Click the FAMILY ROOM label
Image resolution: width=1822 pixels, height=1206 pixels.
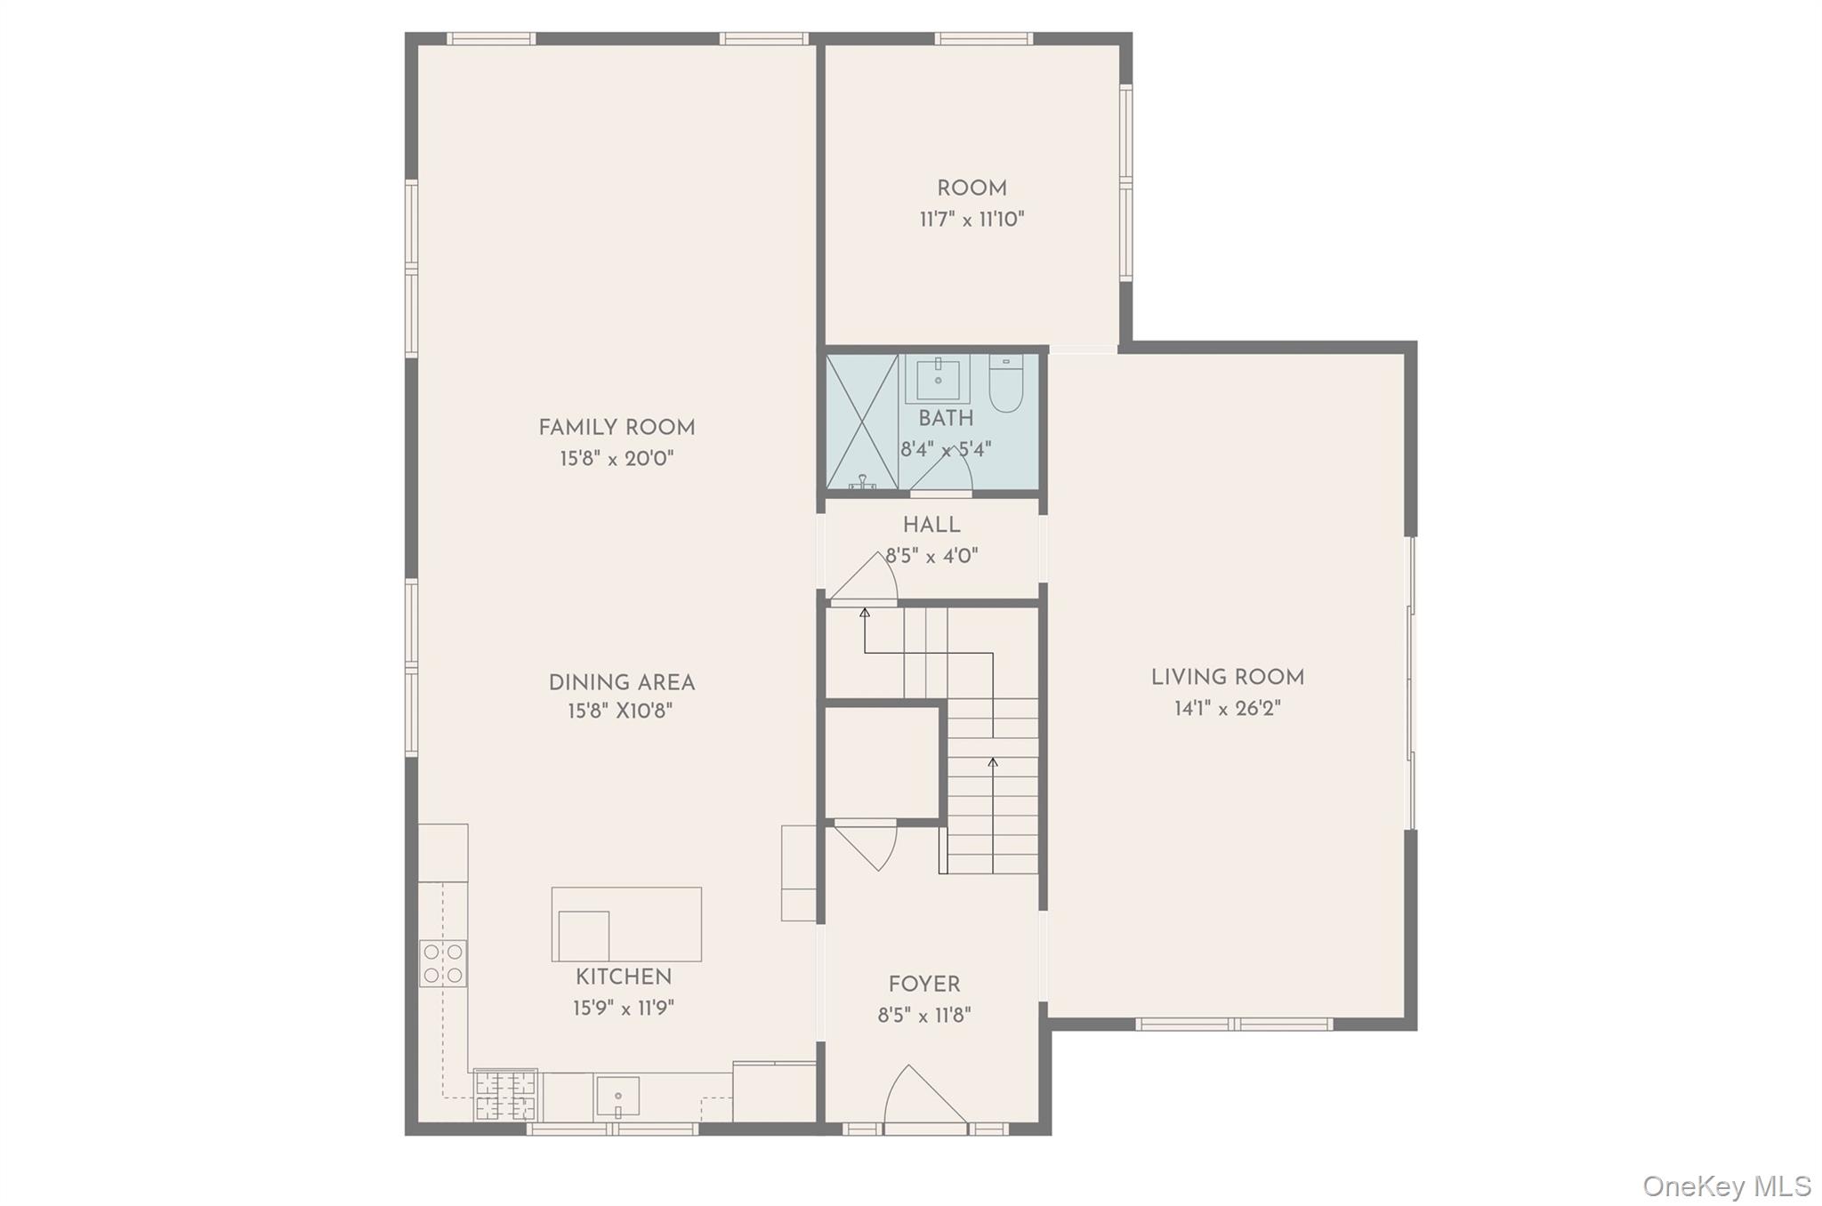617,428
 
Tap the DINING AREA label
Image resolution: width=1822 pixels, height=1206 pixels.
622,683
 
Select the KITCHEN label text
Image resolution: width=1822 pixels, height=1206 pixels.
624,977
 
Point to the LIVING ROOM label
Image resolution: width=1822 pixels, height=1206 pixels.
1228,678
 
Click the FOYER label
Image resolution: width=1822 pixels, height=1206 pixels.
924,985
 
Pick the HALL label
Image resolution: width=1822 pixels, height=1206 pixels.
931,525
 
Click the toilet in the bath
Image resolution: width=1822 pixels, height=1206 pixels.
1006,384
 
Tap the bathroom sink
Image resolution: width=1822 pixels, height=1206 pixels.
939,379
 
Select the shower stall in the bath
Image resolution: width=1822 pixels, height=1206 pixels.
862,422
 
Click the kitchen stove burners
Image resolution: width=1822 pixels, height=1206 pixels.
443,963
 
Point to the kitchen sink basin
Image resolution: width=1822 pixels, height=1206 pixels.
617,1095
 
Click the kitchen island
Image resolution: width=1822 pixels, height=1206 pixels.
626,924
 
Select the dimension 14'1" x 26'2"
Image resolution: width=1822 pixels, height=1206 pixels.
1228,709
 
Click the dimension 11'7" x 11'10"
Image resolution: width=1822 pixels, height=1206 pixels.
971,220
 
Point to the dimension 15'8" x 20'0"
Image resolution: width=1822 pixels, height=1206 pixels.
617,459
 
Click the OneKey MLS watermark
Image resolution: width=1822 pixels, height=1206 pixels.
1727,1186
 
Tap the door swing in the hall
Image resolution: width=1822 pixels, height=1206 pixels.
864,579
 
